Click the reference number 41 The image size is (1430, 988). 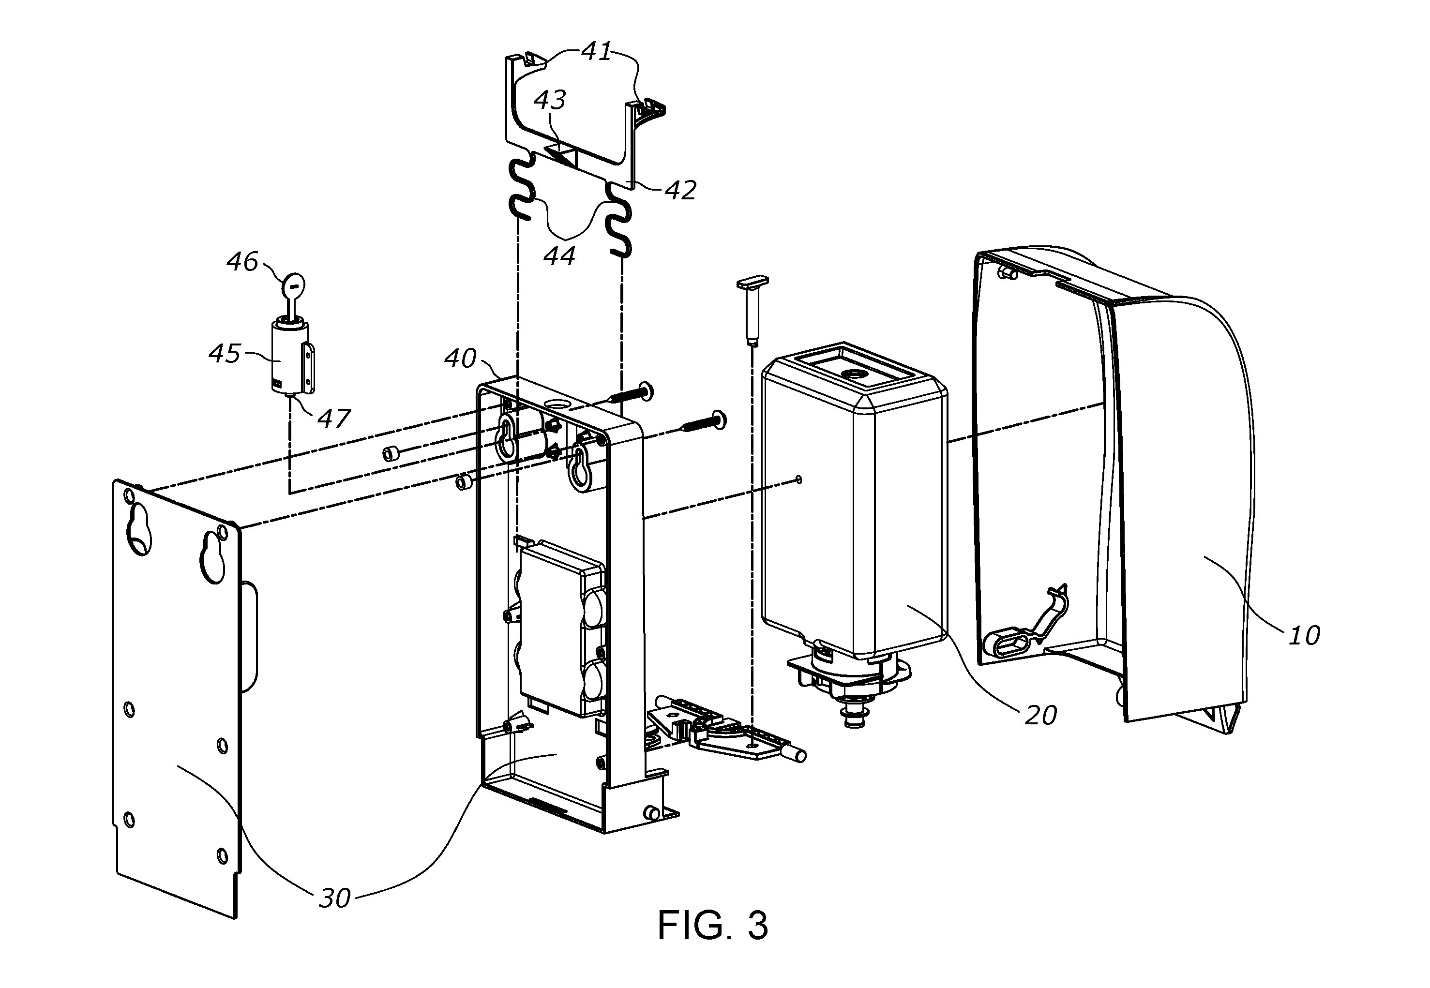(x=597, y=52)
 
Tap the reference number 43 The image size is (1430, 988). (x=550, y=100)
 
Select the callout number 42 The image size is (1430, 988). (x=680, y=190)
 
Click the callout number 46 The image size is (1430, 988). (x=242, y=262)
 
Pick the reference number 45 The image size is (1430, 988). (x=224, y=354)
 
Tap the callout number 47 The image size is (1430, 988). (x=334, y=419)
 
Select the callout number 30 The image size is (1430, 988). (x=334, y=898)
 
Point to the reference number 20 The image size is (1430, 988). (x=1040, y=716)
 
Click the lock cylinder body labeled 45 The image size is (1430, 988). (x=288, y=359)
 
